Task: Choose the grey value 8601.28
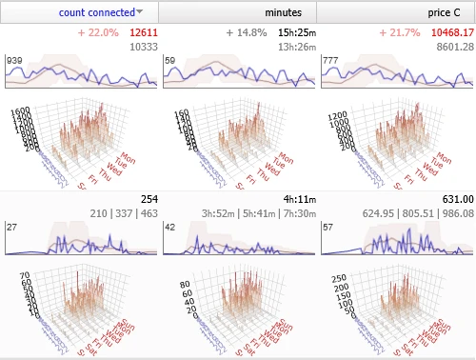click(x=452, y=46)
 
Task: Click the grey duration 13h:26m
click(x=294, y=46)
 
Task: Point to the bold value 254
click(x=149, y=199)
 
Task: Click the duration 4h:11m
click(x=295, y=199)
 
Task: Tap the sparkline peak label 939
click(x=14, y=60)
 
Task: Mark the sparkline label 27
click(x=13, y=228)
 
